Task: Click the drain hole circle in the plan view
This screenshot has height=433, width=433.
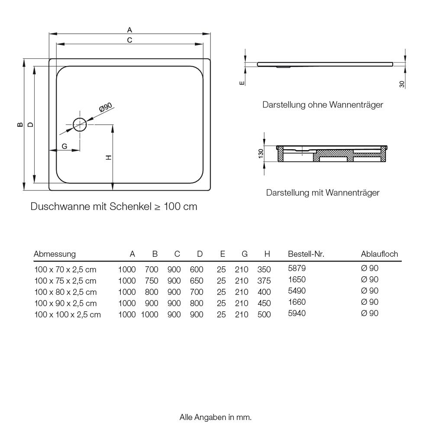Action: click(x=80, y=125)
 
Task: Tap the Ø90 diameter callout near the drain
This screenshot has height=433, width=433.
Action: click(x=106, y=107)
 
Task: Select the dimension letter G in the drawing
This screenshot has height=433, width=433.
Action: click(x=64, y=146)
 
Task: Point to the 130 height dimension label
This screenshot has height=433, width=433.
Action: click(x=261, y=154)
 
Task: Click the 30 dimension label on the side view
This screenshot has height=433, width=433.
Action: click(x=402, y=84)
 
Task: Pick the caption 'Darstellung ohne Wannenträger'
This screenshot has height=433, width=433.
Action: click(x=323, y=105)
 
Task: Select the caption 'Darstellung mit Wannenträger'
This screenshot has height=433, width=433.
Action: click(x=323, y=192)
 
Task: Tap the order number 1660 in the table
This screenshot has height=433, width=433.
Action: click(x=297, y=302)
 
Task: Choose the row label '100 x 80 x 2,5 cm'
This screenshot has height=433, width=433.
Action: click(x=65, y=292)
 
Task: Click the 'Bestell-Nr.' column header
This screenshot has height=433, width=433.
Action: click(x=306, y=254)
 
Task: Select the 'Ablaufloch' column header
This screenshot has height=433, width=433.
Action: click(x=379, y=254)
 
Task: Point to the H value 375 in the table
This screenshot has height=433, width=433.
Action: click(x=264, y=281)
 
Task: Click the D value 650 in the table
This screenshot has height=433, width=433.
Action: click(x=197, y=281)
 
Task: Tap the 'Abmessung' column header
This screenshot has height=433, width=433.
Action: click(x=55, y=254)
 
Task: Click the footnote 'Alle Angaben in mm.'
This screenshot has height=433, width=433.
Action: click(x=216, y=417)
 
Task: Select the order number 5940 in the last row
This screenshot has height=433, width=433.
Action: click(x=297, y=313)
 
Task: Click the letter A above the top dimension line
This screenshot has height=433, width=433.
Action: click(x=129, y=30)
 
